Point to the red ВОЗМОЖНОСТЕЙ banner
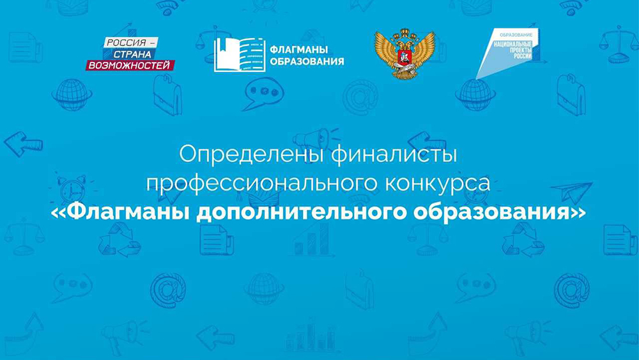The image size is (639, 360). [x=130, y=65]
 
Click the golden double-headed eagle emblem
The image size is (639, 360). [x=404, y=54]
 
